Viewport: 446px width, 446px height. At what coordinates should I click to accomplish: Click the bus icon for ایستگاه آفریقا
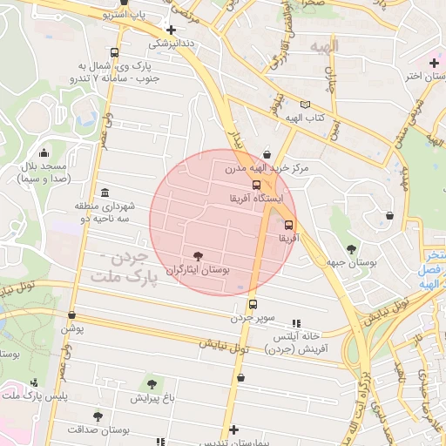(256, 185)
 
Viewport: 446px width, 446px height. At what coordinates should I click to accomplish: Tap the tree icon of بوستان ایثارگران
(199, 256)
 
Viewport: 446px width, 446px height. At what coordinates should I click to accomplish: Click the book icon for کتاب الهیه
(304, 104)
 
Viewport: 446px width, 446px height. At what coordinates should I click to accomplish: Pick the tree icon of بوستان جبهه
(353, 248)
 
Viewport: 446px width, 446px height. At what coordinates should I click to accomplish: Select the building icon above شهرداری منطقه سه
(105, 193)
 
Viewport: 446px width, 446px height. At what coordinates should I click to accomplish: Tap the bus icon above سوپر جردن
(253, 304)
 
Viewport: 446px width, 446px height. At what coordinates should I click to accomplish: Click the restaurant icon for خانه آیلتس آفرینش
(295, 322)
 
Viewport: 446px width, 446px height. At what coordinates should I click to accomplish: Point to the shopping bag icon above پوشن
(71, 315)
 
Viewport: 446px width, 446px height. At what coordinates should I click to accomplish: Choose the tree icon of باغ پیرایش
(152, 383)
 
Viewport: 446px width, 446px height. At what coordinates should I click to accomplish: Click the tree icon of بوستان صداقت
(98, 416)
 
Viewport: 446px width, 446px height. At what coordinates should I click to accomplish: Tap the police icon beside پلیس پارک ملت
(34, 382)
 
